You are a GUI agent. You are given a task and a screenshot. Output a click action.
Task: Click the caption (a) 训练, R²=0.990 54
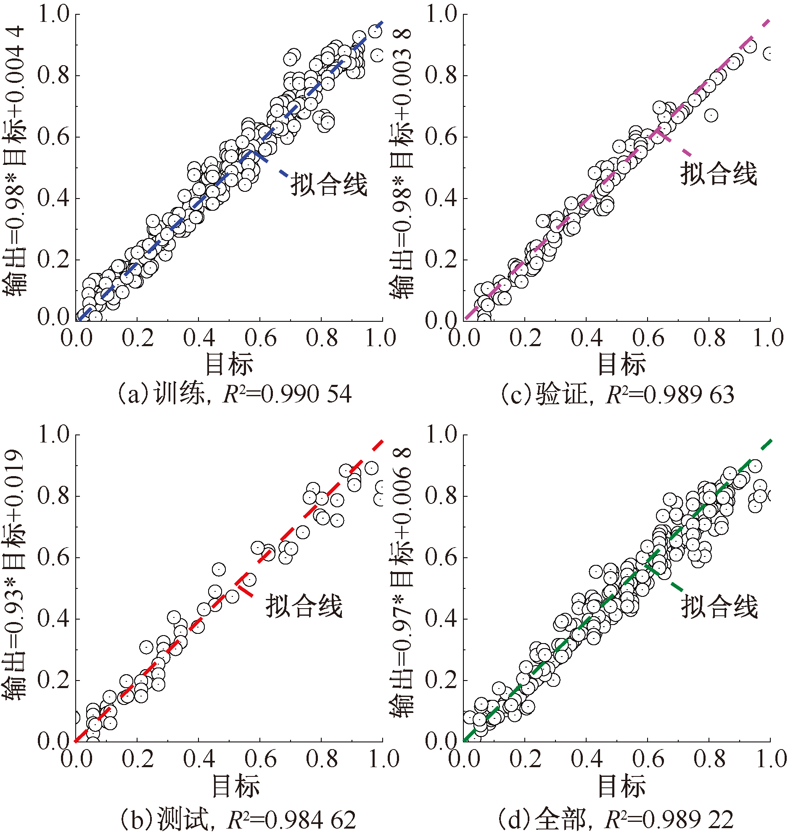pyautogui.click(x=234, y=394)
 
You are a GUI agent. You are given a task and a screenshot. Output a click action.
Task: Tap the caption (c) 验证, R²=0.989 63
pyautogui.click(x=617, y=394)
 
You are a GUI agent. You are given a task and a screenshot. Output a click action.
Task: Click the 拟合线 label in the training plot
pyautogui.click(x=329, y=184)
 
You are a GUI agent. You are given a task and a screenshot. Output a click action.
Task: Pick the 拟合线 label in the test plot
pyautogui.click(x=304, y=606)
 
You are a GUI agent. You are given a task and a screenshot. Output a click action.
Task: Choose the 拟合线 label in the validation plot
pyautogui.click(x=719, y=173)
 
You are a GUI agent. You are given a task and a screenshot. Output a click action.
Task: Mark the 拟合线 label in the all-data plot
pyautogui.click(x=719, y=606)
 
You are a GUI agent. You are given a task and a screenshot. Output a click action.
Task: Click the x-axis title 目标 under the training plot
pyautogui.click(x=229, y=365)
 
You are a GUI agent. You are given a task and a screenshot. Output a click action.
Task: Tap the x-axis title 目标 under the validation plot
pyautogui.click(x=622, y=365)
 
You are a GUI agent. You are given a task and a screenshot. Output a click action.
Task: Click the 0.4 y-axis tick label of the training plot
pyautogui.click(x=53, y=198)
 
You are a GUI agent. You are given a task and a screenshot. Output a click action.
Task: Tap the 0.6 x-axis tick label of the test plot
pyautogui.click(x=260, y=759)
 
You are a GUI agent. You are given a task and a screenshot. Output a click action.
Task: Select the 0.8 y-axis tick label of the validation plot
pyautogui.click(x=441, y=76)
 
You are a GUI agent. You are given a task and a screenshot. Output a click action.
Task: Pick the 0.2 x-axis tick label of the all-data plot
pyautogui.click(x=525, y=759)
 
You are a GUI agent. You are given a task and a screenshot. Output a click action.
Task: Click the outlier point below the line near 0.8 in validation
pyautogui.click(x=711, y=115)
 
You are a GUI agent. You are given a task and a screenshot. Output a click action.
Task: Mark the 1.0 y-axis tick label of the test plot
pyautogui.click(x=53, y=434)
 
